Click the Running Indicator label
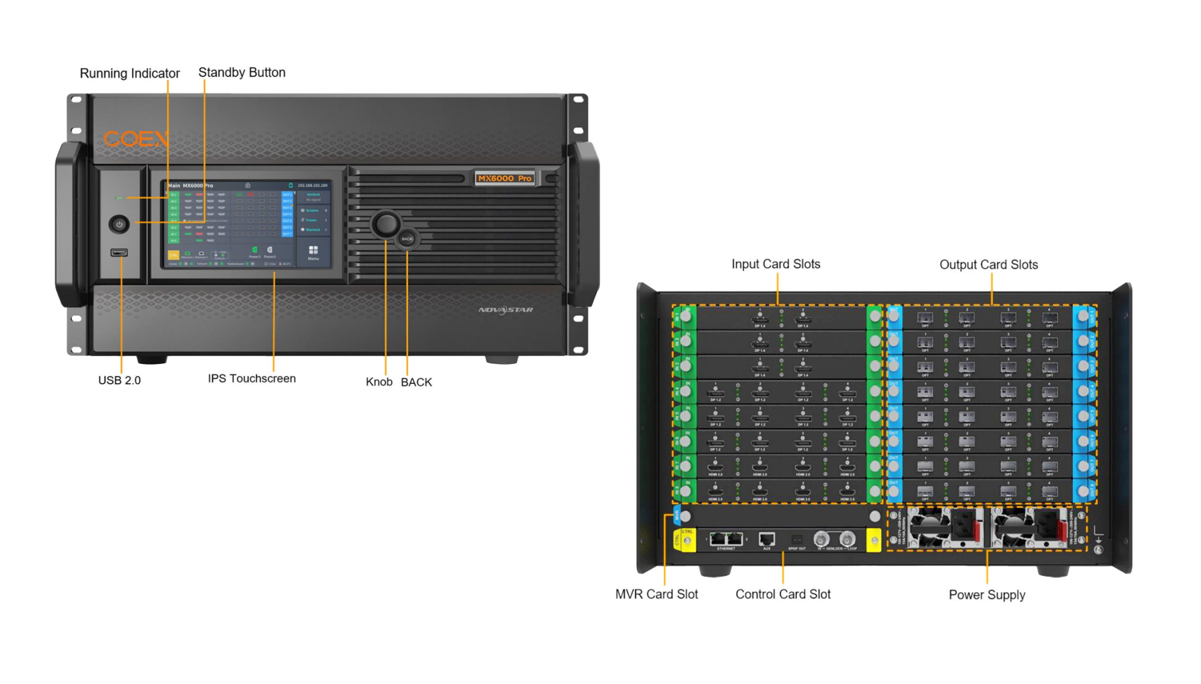129,73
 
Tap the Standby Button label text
241,73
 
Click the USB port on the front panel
119,252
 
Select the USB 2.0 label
119,380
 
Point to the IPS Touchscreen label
252,378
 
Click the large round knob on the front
385,224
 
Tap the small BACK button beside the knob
407,238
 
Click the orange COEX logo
136,139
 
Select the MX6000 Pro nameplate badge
504,178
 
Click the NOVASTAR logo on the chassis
506,310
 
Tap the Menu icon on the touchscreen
313,252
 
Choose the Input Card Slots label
775,264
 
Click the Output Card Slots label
988,265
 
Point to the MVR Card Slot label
656,594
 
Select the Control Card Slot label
782,594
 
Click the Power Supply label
987,595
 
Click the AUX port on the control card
766,539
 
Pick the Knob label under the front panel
379,382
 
